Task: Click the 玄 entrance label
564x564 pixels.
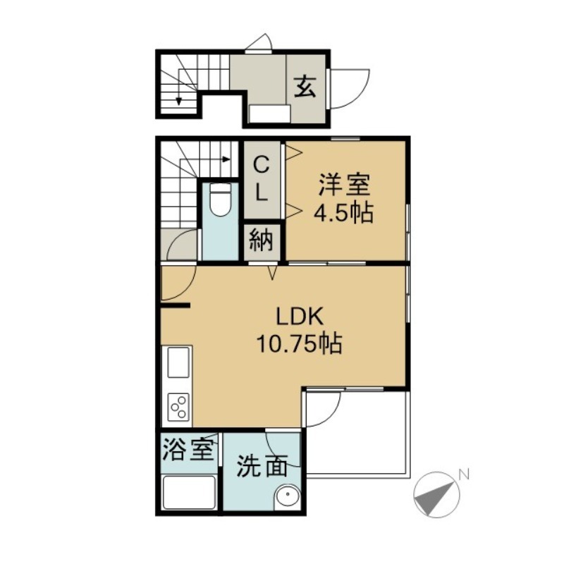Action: point(305,87)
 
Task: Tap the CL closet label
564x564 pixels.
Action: point(262,180)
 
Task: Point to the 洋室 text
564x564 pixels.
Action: point(344,185)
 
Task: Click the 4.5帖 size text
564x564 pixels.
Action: point(344,214)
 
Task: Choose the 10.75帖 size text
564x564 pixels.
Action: point(299,344)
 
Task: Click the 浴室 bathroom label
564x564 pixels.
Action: point(188,450)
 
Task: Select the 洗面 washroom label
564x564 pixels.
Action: point(262,467)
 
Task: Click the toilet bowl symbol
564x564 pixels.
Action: point(220,200)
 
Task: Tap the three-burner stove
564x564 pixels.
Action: point(179,407)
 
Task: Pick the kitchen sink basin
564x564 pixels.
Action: point(179,362)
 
